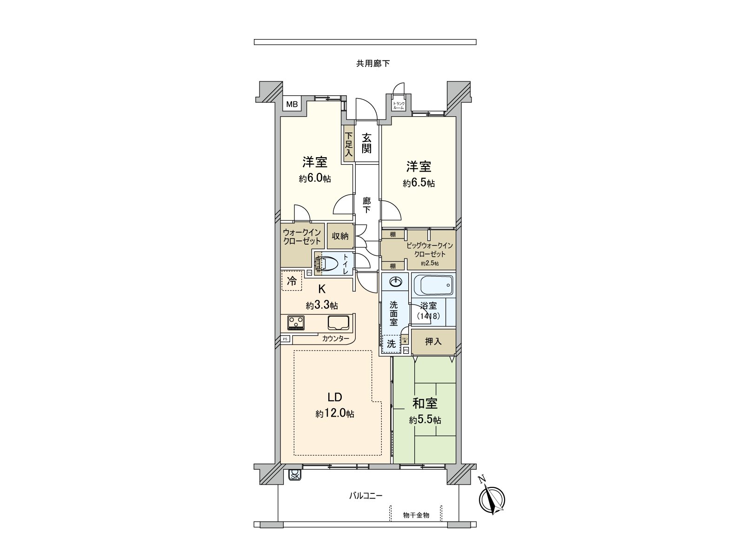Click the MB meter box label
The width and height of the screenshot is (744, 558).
(292, 104)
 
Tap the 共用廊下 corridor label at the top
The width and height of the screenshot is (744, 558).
(373, 64)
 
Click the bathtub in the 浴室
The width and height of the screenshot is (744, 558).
(432, 285)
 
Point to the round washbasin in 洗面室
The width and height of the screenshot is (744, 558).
(396, 282)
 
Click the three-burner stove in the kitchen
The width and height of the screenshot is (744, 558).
(296, 322)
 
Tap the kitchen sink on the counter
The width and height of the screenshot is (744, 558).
(340, 322)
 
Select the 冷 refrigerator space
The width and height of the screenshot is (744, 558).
(292, 281)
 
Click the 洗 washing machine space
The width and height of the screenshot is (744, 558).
(392, 344)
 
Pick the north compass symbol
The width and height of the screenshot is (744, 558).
(492, 498)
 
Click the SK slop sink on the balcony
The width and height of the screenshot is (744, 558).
(295, 475)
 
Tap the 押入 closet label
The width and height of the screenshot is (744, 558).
(433, 341)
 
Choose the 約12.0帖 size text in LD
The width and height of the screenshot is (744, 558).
(335, 413)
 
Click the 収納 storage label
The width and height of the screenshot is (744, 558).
(340, 236)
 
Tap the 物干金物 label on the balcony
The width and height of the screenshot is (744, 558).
(416, 515)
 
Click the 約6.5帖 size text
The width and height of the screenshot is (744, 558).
(419, 183)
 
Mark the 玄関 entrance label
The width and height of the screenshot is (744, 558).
(367, 143)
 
